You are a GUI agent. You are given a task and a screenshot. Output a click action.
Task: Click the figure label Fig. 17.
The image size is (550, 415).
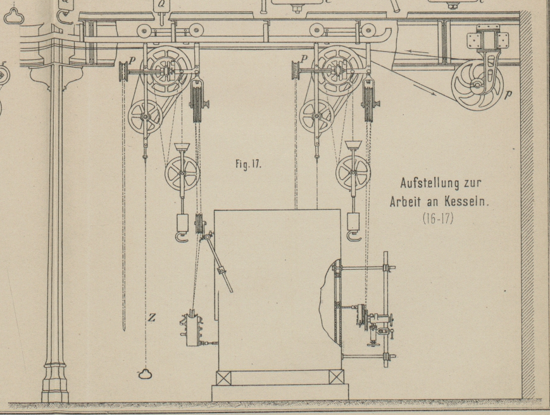pyautogui.click(x=248, y=164)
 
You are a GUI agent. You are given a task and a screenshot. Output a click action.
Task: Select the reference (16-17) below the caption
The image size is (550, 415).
pyautogui.click(x=441, y=222)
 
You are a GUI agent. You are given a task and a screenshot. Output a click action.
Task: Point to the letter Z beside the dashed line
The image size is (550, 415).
pyautogui.click(x=151, y=317)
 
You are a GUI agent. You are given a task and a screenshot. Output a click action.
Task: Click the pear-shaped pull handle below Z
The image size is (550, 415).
pyautogui.click(x=146, y=375)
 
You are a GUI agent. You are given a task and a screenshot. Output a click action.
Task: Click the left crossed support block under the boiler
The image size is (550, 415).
pyautogui.click(x=223, y=378)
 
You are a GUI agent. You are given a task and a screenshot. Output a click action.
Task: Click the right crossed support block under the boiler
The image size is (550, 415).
pyautogui.click(x=337, y=378)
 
